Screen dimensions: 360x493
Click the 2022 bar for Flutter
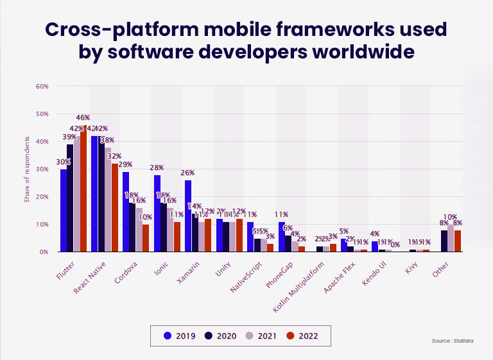83,189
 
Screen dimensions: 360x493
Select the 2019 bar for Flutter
64,210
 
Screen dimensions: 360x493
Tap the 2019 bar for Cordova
126,212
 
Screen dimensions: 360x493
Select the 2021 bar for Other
451,238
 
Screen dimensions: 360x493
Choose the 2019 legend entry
181,335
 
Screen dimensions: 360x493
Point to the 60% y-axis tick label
42,86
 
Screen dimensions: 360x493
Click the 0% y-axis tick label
44,252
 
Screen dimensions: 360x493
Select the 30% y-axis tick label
42,169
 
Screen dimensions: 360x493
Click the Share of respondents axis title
27,169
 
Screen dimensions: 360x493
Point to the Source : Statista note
453,341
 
